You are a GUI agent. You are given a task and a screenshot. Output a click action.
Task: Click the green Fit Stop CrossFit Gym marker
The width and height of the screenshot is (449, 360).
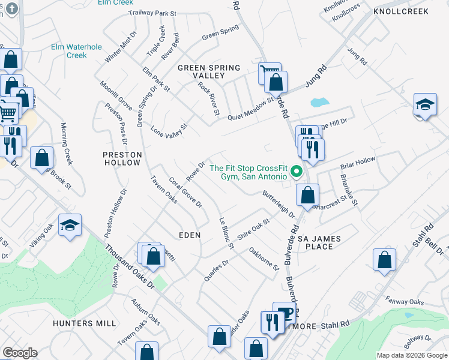295,173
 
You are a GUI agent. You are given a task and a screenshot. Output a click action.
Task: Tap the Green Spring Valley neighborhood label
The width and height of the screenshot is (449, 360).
208,71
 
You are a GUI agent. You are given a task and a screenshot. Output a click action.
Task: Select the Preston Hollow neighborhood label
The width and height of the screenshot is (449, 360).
122,158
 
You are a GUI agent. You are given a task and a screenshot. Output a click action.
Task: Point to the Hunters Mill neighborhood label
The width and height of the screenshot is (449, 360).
84,323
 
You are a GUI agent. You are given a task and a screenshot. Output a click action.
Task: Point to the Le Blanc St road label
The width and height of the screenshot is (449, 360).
226,233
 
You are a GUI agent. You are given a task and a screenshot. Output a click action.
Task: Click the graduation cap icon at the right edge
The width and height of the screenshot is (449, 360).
425,105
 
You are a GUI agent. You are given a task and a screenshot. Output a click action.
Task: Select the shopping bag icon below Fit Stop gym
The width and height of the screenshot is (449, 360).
307,195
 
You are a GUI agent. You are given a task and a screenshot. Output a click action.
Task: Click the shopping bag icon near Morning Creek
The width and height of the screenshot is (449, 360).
41,159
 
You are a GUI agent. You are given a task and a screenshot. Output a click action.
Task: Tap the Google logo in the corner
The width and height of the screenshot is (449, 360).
20,353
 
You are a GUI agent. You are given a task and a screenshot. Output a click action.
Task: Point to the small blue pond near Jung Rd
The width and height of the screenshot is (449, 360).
319,101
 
